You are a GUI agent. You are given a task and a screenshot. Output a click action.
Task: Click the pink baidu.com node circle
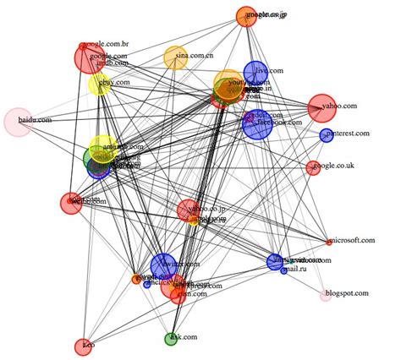[x=18, y=122]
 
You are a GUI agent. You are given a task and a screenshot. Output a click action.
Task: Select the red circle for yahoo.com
[x=321, y=107]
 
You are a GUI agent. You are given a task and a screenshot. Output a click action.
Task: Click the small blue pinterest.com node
[x=326, y=135]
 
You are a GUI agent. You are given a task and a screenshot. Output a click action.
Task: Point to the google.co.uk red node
[x=313, y=167]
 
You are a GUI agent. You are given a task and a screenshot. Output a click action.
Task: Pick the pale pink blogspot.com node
[x=326, y=295]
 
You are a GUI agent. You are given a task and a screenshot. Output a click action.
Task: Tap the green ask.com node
[x=171, y=339]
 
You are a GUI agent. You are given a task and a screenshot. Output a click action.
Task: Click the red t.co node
[x=83, y=346]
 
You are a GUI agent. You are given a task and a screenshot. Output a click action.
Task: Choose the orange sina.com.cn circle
[x=175, y=57]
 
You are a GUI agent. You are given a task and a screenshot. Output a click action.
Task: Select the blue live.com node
[x=255, y=72]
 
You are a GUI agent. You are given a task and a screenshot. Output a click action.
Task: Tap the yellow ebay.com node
[x=99, y=85]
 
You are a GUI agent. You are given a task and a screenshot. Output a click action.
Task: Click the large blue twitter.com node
[x=163, y=265]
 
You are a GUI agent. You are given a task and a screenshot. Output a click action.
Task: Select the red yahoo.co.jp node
[x=188, y=210]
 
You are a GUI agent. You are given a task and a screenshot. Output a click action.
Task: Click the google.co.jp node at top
[x=246, y=17]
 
